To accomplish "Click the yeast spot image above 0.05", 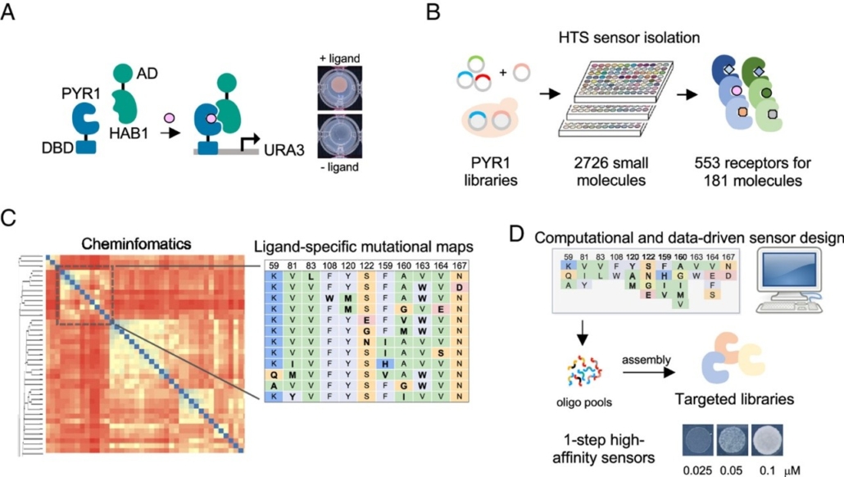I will click(x=735, y=440).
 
